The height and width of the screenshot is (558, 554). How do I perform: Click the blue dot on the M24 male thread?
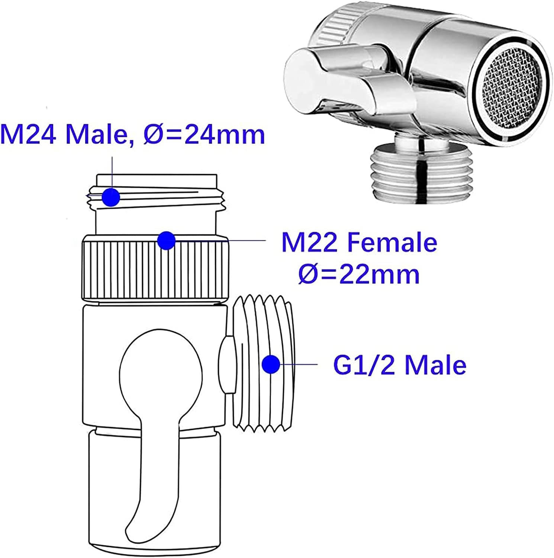coord(111,197)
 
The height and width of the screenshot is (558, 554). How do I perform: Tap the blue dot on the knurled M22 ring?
coord(166,241)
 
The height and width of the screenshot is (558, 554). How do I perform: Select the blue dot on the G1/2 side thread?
coord(271,364)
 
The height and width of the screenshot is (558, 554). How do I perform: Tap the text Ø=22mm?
coord(359,275)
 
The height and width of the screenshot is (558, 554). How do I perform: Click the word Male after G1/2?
coord(435,365)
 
